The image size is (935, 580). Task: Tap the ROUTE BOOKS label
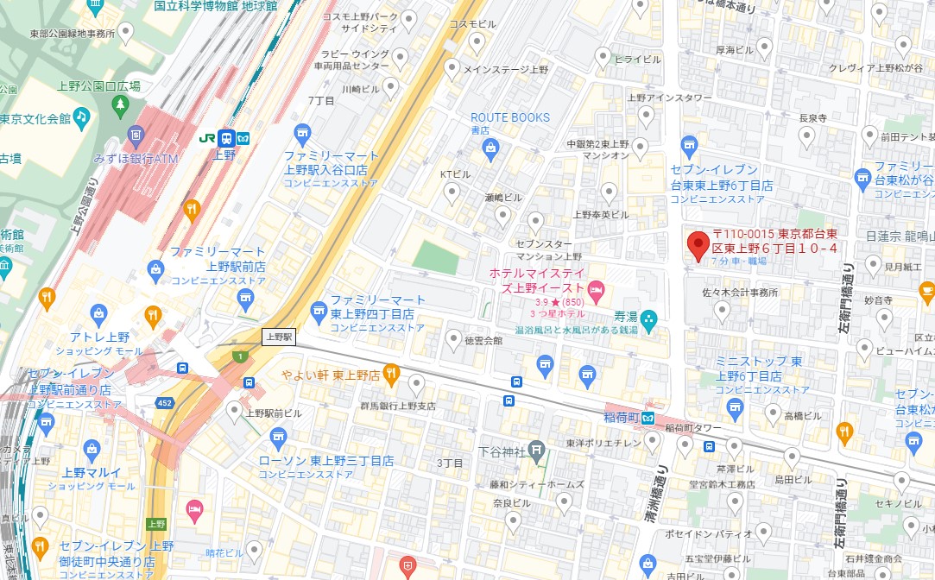tap(509, 117)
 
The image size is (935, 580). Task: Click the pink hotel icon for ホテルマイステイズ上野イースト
tap(595, 287)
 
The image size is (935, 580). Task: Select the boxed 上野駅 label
tap(279, 337)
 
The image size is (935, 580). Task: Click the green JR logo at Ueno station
tap(207, 137)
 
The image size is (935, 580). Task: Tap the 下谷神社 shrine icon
tap(537, 449)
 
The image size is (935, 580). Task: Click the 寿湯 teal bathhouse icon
tap(649, 317)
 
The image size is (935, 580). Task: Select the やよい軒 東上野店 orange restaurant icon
tap(390, 374)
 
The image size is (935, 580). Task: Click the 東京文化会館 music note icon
tap(81, 116)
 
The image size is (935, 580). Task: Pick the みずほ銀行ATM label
tap(135, 158)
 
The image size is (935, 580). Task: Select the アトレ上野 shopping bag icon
tap(99, 312)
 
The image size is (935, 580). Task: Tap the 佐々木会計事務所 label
tap(740, 293)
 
